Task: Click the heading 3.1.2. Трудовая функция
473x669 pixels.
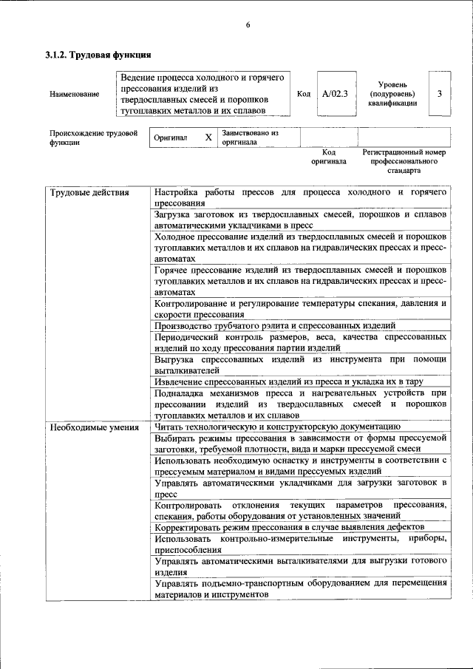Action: point(99,55)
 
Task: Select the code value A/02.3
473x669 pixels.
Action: point(335,94)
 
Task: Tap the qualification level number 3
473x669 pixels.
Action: point(440,94)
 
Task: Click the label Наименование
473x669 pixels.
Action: point(74,95)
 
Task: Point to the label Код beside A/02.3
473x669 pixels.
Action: point(303,94)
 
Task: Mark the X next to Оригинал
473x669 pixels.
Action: point(208,137)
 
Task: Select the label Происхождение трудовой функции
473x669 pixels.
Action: point(93,138)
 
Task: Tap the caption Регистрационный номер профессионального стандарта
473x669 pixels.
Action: point(404,160)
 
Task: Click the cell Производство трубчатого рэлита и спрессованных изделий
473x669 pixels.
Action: point(275,325)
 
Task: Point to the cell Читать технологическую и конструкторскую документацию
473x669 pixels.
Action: point(277,427)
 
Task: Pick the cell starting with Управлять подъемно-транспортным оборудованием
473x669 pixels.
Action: point(301,588)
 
